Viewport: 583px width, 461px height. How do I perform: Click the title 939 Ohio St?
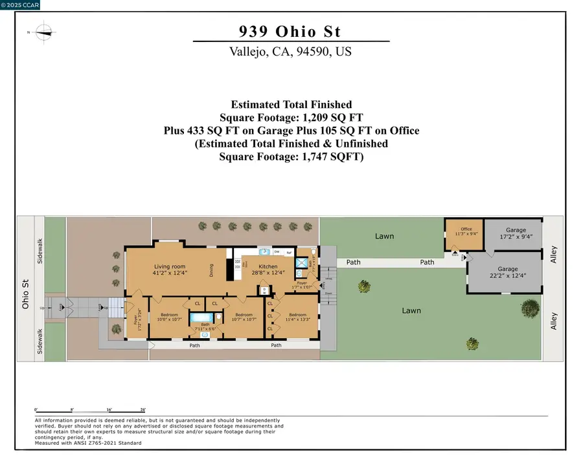tap(291, 30)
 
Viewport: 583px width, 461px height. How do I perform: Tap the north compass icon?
tap(43, 31)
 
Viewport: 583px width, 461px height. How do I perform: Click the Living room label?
tap(170, 266)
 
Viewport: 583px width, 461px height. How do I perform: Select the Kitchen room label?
tap(268, 266)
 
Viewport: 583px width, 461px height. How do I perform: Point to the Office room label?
tap(466, 229)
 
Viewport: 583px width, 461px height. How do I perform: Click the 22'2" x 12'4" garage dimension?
tap(507, 276)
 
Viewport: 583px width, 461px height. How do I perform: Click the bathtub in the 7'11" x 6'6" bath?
tap(205, 317)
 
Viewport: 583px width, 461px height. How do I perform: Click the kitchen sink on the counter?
tap(264, 252)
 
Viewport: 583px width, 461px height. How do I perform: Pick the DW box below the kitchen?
tap(265, 290)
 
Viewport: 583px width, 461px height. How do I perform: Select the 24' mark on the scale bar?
tap(143, 410)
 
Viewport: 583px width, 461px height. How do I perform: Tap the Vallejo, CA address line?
tap(290, 52)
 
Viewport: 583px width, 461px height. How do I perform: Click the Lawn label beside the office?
tap(384, 236)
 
